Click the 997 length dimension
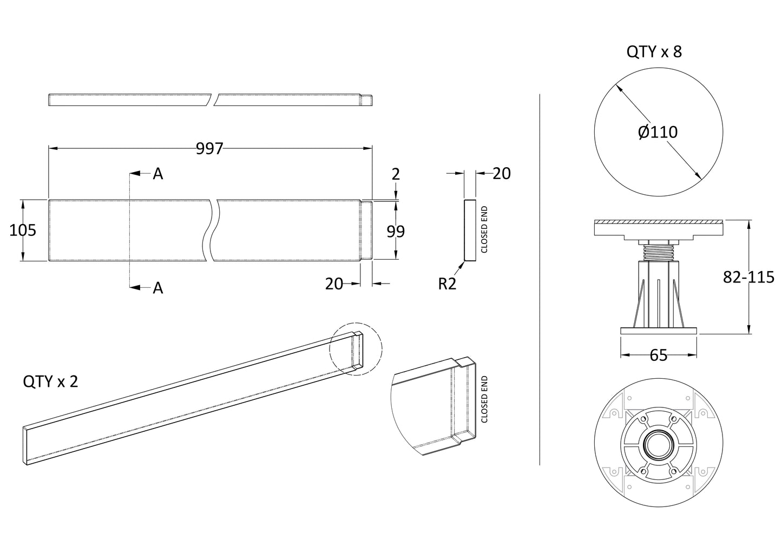tap(209, 149)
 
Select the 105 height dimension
tap(23, 230)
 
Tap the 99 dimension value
tap(396, 231)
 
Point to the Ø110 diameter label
tap(658, 132)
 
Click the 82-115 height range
tap(748, 277)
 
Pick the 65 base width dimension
tap(658, 355)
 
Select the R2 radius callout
tap(447, 284)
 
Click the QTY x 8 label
tap(654, 52)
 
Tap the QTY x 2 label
tap(50, 381)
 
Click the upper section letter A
tap(157, 174)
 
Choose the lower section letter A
tap(157, 288)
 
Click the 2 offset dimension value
tap(396, 174)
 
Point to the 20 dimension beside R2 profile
tap(501, 173)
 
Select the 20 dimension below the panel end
tap(334, 284)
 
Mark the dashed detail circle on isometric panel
tap(356, 348)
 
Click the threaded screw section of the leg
tap(658, 252)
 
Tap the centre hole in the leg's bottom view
tap(658, 446)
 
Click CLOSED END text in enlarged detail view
tap(484, 399)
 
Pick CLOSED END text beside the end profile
tap(484, 229)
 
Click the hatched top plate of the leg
tap(658, 222)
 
